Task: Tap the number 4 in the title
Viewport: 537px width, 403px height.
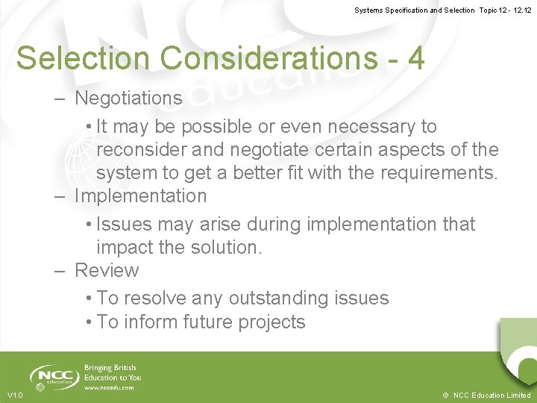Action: click(x=416, y=57)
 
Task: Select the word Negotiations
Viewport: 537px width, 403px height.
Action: click(x=128, y=98)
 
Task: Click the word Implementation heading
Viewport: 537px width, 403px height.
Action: click(x=140, y=196)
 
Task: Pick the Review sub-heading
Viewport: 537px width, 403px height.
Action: click(x=107, y=270)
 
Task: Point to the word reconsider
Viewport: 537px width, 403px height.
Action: click(x=142, y=150)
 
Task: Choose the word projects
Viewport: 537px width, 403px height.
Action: click(x=271, y=322)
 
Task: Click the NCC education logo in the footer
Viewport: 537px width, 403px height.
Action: click(x=54, y=377)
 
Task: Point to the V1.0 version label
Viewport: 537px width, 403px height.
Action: click(x=15, y=395)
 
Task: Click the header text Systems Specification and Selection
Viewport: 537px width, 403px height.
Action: click(x=414, y=10)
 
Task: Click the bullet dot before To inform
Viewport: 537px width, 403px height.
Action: click(x=89, y=322)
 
